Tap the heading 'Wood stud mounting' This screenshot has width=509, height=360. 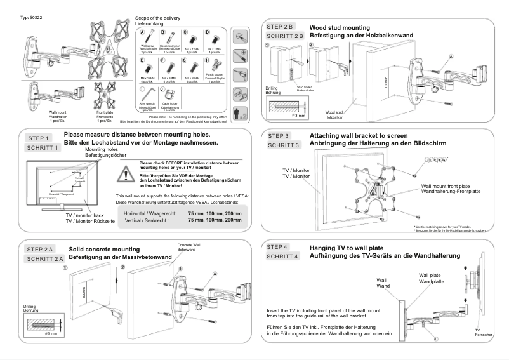(339, 27)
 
